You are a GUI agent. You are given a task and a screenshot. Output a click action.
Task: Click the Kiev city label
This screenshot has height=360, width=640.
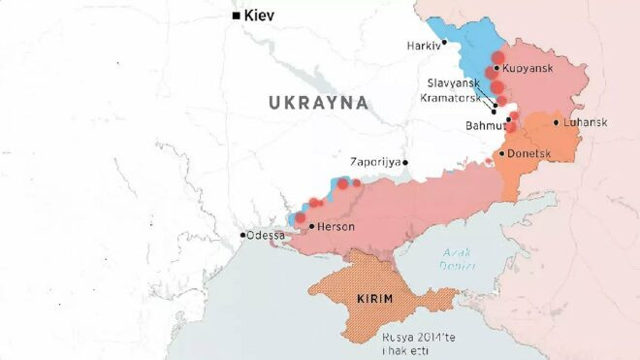tap(262, 16)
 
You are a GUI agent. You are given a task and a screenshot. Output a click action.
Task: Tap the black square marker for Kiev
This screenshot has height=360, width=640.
tap(235, 16)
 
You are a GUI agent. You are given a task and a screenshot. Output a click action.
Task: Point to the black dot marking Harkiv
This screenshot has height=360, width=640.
tap(444, 42)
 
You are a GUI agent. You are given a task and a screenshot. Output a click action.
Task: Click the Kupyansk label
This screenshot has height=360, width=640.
tap(529, 69)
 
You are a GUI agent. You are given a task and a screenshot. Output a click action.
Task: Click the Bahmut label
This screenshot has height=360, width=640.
tap(485, 126)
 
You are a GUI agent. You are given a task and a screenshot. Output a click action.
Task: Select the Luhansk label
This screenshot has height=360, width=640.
tap(586, 122)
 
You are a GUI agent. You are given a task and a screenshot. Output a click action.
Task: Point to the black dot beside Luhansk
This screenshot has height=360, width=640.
tap(557, 122)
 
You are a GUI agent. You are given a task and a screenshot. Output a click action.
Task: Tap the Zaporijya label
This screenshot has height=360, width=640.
tap(376, 163)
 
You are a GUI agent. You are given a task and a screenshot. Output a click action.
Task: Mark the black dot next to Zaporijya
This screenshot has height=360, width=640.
tap(405, 163)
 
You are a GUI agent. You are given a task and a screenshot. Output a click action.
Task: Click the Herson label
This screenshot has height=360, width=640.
tap(336, 226)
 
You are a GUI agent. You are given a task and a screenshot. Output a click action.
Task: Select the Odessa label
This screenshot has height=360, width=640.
tap(266, 235)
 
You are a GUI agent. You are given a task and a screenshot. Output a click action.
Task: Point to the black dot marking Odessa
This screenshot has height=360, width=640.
tap(242, 235)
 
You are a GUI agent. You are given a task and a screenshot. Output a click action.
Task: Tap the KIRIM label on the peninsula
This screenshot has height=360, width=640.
tap(374, 298)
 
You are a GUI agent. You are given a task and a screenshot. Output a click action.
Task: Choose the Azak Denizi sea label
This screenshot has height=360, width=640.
tap(457, 258)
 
